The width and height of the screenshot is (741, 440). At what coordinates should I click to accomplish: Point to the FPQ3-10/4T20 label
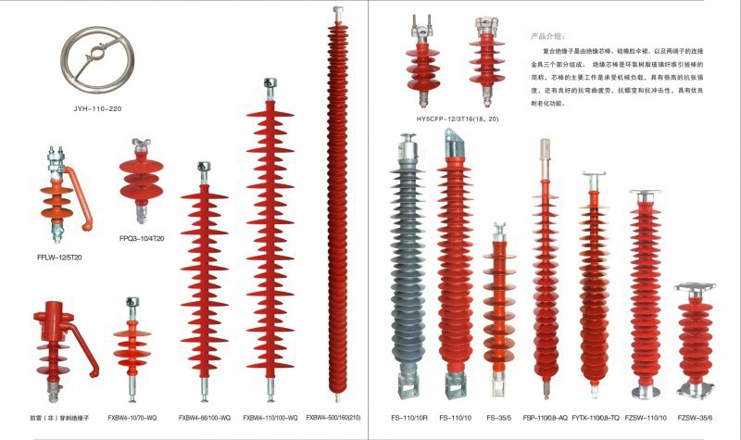click(x=141, y=238)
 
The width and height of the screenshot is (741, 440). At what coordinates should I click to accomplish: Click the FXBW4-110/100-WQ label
click(x=270, y=418)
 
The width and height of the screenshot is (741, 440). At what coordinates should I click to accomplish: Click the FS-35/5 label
click(x=498, y=418)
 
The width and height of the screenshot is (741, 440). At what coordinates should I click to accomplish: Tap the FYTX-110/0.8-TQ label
click(x=595, y=418)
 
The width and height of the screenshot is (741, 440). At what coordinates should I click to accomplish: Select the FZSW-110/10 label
click(x=645, y=418)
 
